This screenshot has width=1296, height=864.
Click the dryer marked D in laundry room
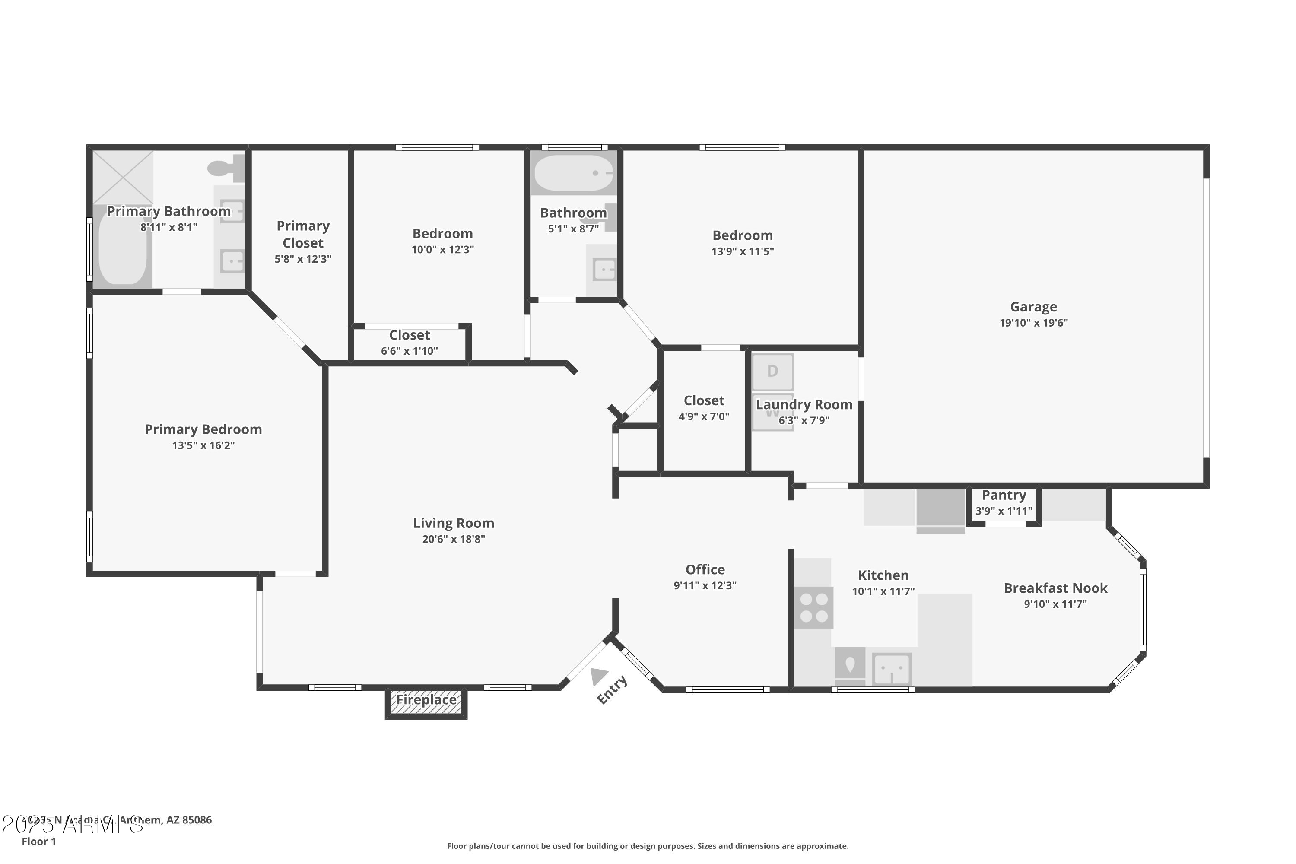click(772, 372)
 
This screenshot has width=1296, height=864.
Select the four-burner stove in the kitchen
click(813, 607)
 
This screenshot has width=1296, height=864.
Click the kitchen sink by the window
click(892, 668)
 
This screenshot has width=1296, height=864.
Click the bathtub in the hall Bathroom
click(574, 173)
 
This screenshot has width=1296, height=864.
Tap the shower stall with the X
click(123, 177)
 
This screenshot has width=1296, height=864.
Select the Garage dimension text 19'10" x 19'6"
click(1033, 323)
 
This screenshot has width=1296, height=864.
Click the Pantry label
click(1004, 496)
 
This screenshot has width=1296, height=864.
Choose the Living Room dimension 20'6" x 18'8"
click(454, 540)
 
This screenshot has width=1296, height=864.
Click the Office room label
click(705, 570)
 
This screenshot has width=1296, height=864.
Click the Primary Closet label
click(303, 234)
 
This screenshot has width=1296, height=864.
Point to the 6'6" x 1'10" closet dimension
click(410, 351)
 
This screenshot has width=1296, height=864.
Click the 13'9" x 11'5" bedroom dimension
click(742, 251)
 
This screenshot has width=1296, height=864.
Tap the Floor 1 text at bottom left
click(38, 842)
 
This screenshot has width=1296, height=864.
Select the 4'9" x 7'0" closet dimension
click(704, 416)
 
